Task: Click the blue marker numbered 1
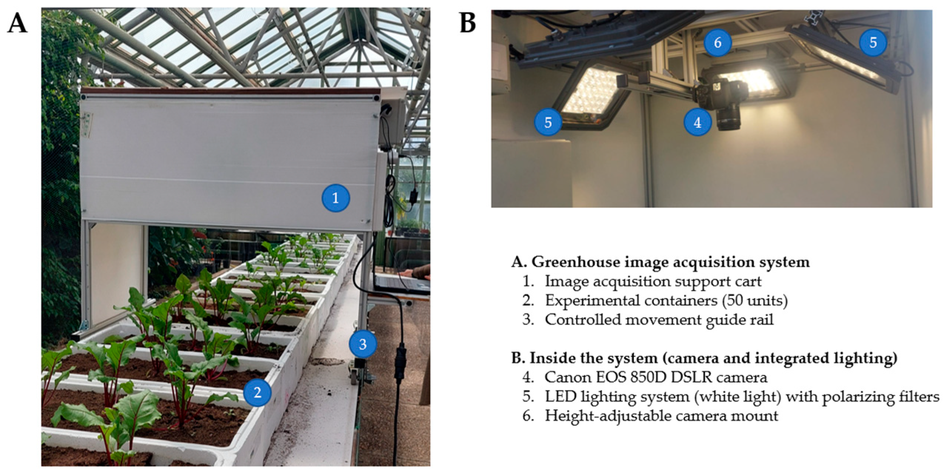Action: click(335, 198)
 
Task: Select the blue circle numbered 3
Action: click(363, 344)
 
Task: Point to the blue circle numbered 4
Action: click(697, 123)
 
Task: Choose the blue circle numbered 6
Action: click(717, 43)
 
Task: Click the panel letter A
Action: click(17, 23)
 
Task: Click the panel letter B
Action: click(468, 23)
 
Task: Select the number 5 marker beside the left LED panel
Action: click(548, 122)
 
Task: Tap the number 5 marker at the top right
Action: click(873, 43)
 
